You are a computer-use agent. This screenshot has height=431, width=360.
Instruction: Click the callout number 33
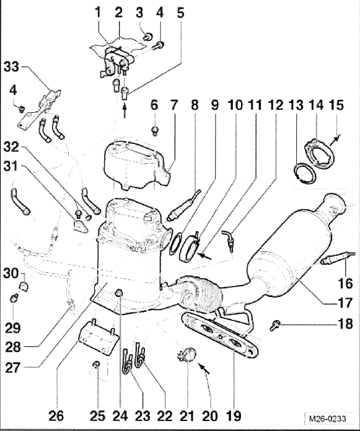(12, 67)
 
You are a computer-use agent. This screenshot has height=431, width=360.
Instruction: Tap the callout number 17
(345, 303)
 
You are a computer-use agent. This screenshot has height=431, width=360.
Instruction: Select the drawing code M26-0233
(327, 419)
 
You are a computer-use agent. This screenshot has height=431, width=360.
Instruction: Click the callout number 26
(56, 415)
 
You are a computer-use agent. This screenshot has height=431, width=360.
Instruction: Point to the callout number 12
(276, 105)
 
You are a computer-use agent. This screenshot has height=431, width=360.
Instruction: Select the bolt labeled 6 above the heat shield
(155, 130)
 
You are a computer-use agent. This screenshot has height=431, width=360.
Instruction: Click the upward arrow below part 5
(125, 110)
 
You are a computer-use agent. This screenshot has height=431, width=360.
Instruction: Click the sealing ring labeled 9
(175, 244)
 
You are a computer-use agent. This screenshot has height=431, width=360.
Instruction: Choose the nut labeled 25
(97, 365)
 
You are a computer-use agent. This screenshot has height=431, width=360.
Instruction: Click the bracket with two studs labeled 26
(99, 337)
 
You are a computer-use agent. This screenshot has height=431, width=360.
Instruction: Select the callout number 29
(12, 327)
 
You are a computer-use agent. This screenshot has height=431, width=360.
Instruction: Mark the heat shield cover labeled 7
(136, 165)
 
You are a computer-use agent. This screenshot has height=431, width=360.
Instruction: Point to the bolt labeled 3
(149, 36)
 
